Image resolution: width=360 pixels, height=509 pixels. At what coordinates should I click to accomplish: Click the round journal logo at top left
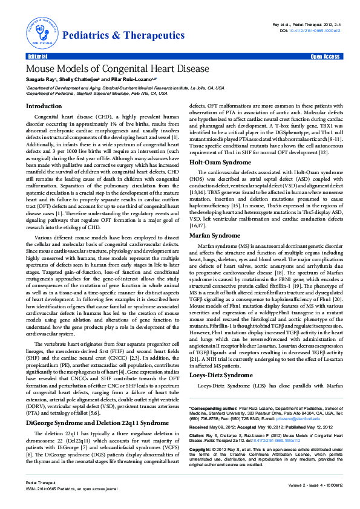[41, 33]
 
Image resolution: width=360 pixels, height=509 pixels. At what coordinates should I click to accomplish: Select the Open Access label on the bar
[325, 56]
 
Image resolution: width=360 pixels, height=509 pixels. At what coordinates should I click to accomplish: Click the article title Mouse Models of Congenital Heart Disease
[117, 69]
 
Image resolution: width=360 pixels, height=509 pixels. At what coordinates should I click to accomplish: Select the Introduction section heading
[44, 106]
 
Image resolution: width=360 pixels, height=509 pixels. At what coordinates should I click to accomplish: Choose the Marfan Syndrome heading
[215, 235]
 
